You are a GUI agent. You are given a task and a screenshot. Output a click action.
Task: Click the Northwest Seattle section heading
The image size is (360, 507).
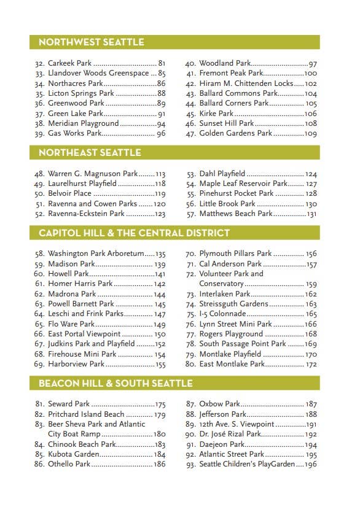click(91, 42)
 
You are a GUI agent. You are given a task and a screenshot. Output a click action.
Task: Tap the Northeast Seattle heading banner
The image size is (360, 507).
click(90, 152)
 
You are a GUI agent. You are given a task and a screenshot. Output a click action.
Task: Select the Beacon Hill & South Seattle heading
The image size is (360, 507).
click(115, 383)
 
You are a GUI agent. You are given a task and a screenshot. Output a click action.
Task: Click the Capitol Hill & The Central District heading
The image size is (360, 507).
click(134, 233)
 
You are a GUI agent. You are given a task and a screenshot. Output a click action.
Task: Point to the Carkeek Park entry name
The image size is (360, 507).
click(69, 63)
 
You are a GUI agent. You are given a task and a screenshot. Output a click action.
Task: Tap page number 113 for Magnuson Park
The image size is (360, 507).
click(160, 174)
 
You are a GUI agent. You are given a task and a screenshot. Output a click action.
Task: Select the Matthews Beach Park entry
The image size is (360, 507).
click(235, 214)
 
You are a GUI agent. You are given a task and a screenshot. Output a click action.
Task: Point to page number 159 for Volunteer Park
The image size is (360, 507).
click(311, 284)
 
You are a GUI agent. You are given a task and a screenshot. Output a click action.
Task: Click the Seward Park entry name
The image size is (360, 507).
click(69, 404)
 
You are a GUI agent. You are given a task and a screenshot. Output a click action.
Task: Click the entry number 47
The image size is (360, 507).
click(190, 133)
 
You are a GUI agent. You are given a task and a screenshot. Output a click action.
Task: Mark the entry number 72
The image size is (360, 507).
click(190, 274)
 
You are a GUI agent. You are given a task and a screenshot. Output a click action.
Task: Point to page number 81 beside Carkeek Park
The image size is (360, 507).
click(162, 63)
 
